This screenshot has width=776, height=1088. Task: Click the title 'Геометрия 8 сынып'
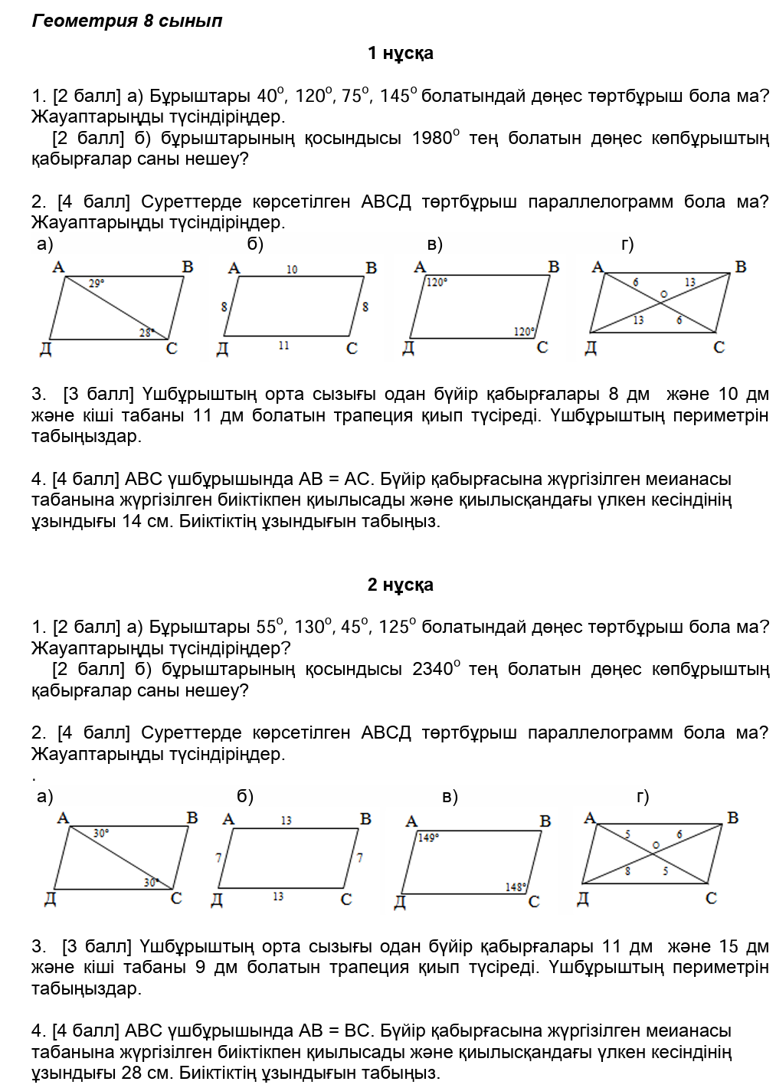pos(127,21)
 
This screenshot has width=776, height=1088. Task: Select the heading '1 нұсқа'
pos(400,53)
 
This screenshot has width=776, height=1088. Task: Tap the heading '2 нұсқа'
pos(400,585)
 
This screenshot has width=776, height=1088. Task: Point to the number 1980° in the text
pos(435,138)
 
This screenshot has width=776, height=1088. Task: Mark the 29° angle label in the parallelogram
pos(97,283)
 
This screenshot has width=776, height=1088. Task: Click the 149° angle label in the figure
pos(428,837)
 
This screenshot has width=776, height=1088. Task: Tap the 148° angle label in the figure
pos(516,886)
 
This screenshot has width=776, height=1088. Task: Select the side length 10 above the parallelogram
pos(292,270)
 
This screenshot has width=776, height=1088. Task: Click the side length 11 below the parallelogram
pos(283,346)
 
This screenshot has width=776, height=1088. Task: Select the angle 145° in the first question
pos(398,96)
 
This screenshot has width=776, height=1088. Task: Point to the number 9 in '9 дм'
pos(200,967)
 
